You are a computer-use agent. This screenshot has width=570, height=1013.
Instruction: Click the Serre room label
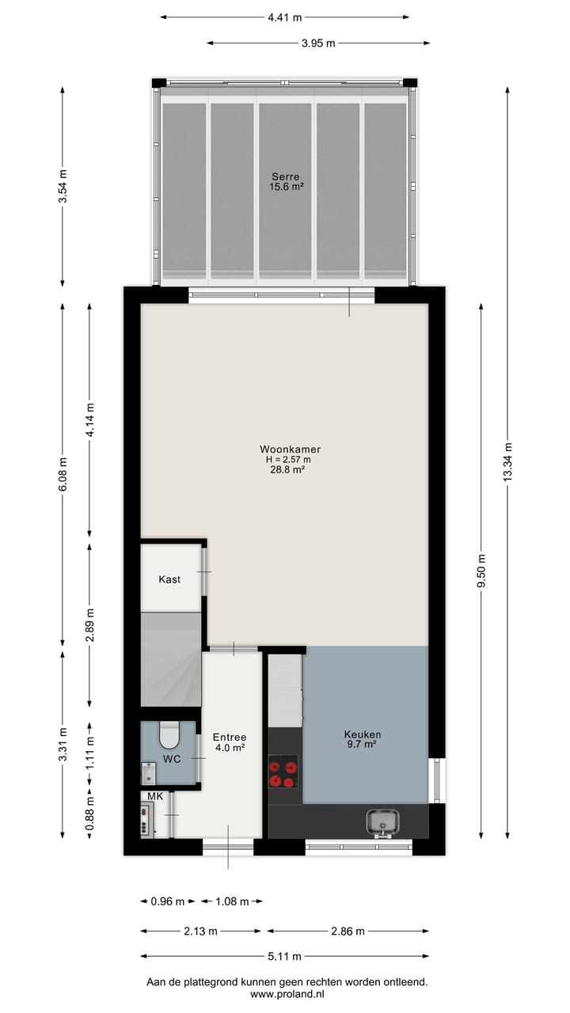(x=285, y=176)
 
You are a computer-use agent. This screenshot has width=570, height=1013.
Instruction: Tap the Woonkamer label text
(x=288, y=449)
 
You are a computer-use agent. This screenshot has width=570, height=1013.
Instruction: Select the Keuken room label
(x=363, y=734)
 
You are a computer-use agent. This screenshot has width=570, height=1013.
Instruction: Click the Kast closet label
(x=169, y=579)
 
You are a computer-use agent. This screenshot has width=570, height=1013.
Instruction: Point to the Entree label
(x=230, y=737)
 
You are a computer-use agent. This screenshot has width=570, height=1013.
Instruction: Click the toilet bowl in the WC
(x=169, y=736)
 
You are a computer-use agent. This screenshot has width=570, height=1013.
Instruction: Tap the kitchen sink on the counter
(x=383, y=822)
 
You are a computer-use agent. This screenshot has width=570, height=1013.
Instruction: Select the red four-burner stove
(x=283, y=772)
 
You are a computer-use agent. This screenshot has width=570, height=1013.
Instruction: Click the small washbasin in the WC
(x=148, y=772)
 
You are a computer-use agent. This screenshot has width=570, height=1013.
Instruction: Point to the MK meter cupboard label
(x=154, y=796)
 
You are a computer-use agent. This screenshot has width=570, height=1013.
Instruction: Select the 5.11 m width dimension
(x=284, y=956)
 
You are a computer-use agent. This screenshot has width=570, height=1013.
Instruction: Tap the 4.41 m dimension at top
(x=285, y=17)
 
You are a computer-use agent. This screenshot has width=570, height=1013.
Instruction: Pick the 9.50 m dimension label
(x=482, y=570)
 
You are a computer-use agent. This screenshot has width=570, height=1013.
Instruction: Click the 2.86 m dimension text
(x=348, y=931)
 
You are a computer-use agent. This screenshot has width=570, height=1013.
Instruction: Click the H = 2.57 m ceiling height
(x=288, y=459)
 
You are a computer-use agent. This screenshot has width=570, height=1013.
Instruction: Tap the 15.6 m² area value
(x=287, y=187)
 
